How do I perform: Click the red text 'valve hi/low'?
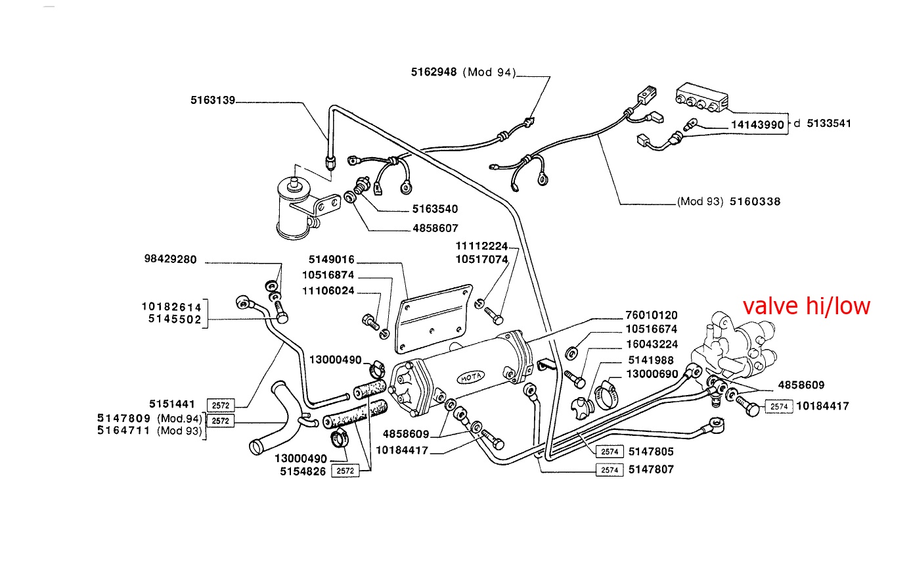pyautogui.click(x=806, y=306)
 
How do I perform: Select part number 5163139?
pyautogui.click(x=213, y=101)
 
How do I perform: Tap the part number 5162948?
pyautogui.click(x=435, y=72)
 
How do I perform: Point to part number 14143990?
pyautogui.click(x=757, y=124)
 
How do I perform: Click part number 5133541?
pyautogui.click(x=829, y=123)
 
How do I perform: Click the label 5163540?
pyautogui.click(x=435, y=209)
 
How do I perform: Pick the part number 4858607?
pyautogui.click(x=435, y=229)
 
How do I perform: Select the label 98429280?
pyautogui.click(x=170, y=260)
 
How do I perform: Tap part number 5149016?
pyautogui.click(x=332, y=260)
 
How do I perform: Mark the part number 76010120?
pyautogui.click(x=651, y=316)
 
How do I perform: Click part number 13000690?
pyautogui.click(x=651, y=373)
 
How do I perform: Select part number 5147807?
pyautogui.click(x=651, y=469)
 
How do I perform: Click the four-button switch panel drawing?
pyautogui.click(x=702, y=99)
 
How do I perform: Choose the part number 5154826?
pyautogui.click(x=301, y=471)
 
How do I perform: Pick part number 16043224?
pyautogui.click(x=651, y=344)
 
